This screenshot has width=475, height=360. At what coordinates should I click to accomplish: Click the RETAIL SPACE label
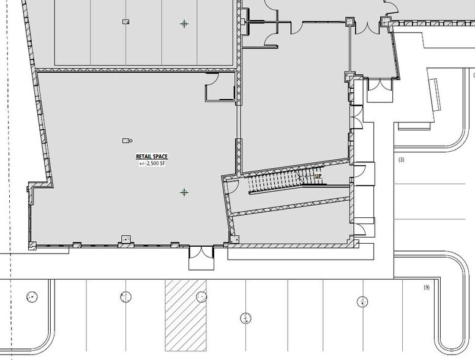[x=152, y=157]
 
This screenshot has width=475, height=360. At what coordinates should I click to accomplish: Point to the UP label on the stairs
[x=318, y=176]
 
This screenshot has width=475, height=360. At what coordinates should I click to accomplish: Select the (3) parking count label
[x=402, y=160]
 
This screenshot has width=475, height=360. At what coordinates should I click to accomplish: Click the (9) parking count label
[x=427, y=288]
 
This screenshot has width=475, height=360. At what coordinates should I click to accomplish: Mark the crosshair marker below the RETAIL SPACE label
[x=184, y=192]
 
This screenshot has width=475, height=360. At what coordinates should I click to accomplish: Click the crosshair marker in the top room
[x=184, y=24]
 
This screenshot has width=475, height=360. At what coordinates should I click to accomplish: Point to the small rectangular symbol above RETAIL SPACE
[x=127, y=140]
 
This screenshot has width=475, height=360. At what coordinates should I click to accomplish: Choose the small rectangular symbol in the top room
[x=126, y=21]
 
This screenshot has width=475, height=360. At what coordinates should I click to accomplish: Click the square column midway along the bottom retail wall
[x=126, y=239]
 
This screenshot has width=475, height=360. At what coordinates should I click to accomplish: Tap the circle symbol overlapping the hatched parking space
[x=200, y=297]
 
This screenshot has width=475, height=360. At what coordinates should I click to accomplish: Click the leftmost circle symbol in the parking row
[x=31, y=297]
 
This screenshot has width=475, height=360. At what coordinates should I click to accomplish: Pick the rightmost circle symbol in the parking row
[x=362, y=301]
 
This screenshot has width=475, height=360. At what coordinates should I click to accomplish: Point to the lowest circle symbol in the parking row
[x=245, y=318]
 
